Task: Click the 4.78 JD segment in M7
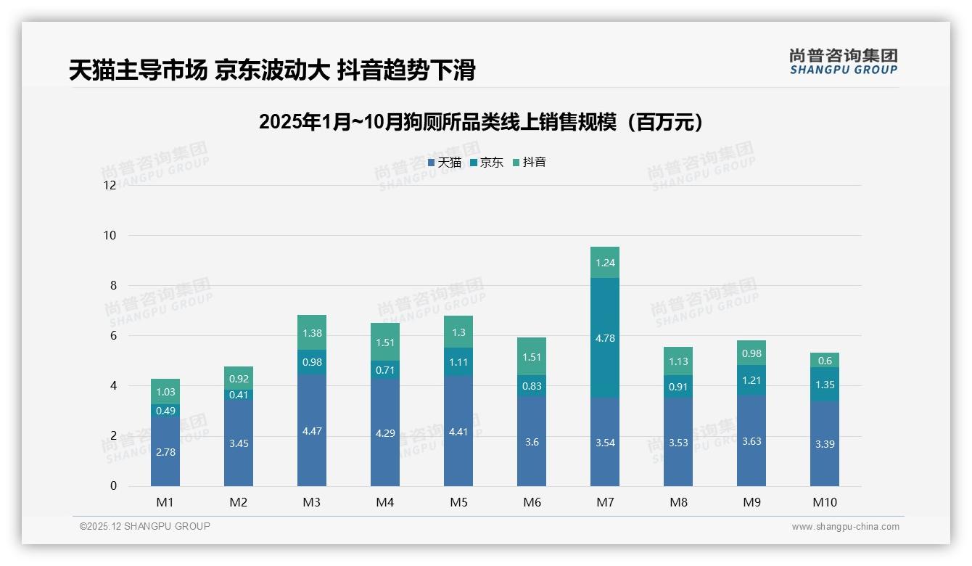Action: coord(605,337)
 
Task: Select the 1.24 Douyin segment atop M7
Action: coord(605,263)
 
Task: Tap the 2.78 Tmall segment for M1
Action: coord(165,451)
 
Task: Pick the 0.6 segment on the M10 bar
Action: coord(825,361)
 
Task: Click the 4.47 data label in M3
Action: coord(312,431)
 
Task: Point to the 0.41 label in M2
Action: coord(239,395)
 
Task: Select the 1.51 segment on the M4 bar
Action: coord(385,343)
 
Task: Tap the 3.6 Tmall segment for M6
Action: coord(532,442)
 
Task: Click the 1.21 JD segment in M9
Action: coord(751,380)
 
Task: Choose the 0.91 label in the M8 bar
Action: coord(678,387)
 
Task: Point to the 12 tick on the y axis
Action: coord(110,185)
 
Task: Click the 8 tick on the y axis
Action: coord(112,285)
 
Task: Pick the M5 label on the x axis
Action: coord(458,502)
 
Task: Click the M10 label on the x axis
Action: coord(825,502)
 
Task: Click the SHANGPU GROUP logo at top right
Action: coord(843,62)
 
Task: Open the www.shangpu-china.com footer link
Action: coord(845,527)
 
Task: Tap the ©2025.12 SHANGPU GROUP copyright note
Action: coord(145,526)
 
